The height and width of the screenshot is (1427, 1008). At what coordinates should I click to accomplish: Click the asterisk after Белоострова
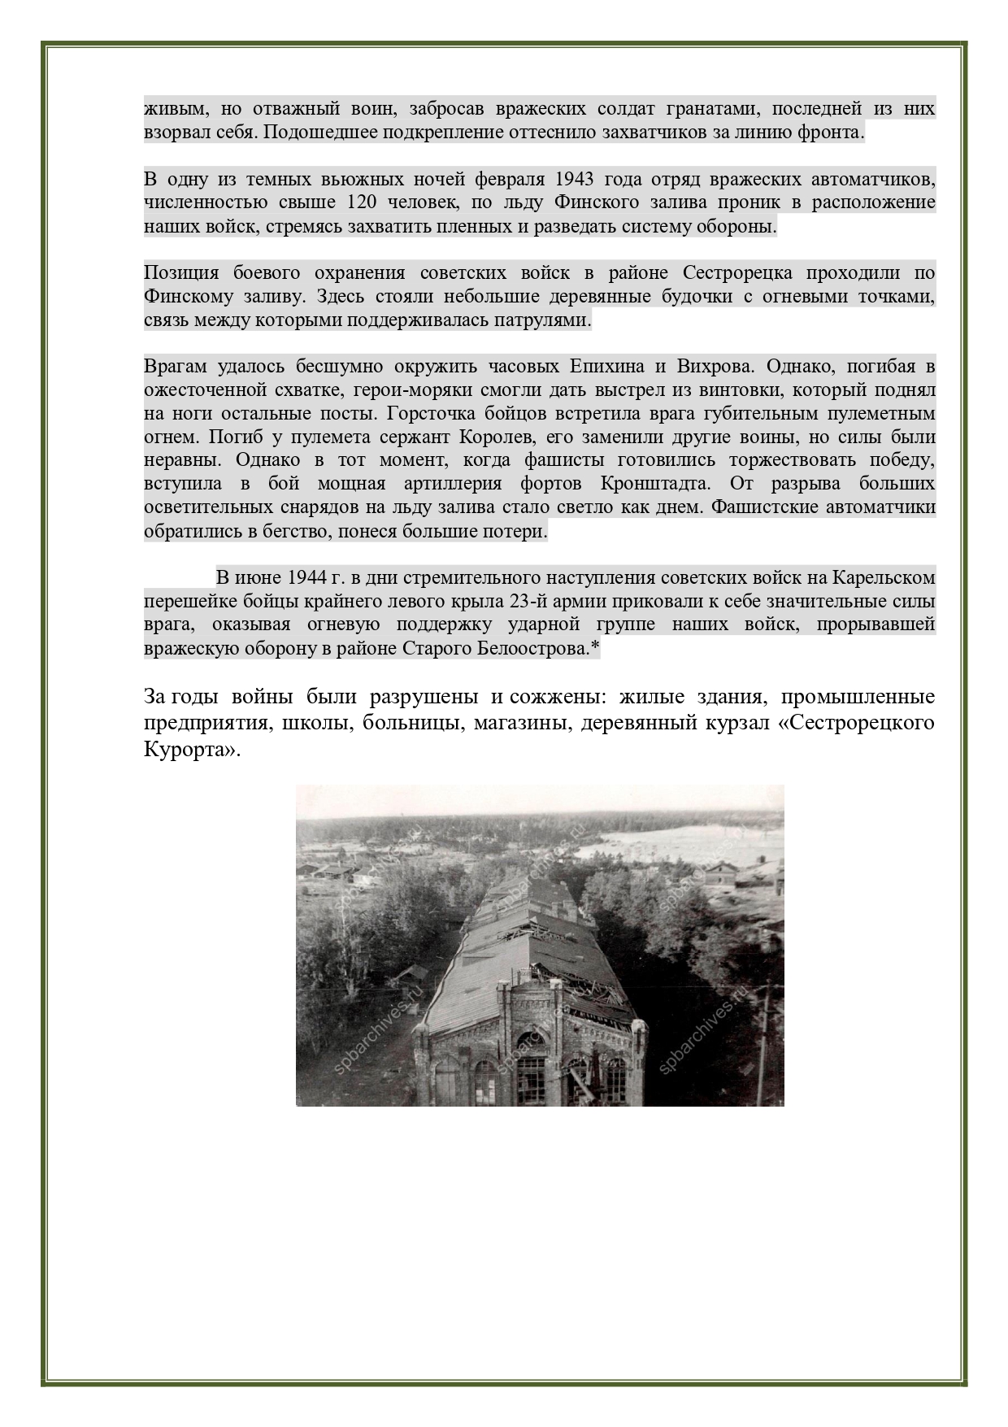596,648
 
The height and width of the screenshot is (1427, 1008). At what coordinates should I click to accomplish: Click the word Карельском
890,577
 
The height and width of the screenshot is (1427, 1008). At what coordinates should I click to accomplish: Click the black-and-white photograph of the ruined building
540,945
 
